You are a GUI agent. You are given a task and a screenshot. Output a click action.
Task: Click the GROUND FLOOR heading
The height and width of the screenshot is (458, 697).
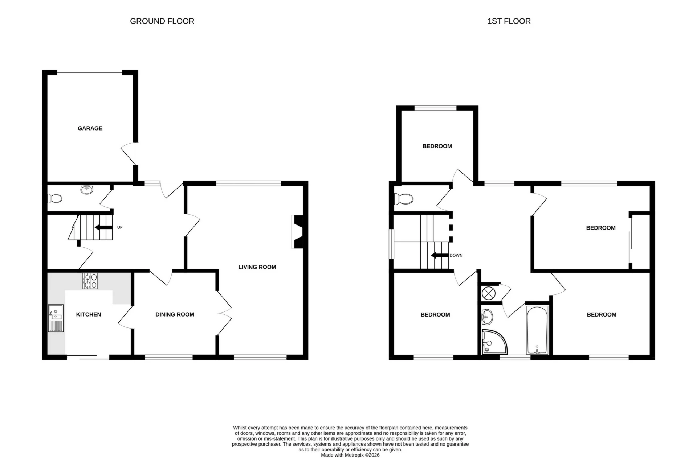[162, 21]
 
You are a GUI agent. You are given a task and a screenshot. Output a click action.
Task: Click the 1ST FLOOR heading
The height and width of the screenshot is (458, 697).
[509, 21]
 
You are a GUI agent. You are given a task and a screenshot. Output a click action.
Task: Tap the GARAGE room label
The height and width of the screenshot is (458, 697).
[90, 128]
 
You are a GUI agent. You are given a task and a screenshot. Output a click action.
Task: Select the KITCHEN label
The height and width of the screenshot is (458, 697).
[89, 314]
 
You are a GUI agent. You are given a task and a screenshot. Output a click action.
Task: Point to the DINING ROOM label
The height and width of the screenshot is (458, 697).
[175, 314]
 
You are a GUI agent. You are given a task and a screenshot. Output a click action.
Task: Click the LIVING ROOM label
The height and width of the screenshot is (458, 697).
[257, 267]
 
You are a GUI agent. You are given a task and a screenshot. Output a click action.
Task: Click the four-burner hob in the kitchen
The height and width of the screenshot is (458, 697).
[90, 281]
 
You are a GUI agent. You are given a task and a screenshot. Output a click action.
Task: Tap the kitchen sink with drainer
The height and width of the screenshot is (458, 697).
[56, 318]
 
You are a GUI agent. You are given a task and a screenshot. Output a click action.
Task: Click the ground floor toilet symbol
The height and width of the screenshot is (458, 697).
[55, 198]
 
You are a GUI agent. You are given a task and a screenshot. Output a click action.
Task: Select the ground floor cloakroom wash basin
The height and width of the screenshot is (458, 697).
[87, 190]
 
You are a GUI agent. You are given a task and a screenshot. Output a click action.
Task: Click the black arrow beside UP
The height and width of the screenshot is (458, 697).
[103, 227]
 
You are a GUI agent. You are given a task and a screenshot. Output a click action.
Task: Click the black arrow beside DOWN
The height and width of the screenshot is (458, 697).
[439, 255]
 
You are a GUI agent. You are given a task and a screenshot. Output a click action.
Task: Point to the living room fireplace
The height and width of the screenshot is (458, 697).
[298, 232]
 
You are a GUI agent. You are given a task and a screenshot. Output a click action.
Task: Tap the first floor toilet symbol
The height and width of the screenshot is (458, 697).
[404, 199]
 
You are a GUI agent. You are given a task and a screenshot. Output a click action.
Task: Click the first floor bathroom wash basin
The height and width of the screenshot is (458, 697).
[487, 317]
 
